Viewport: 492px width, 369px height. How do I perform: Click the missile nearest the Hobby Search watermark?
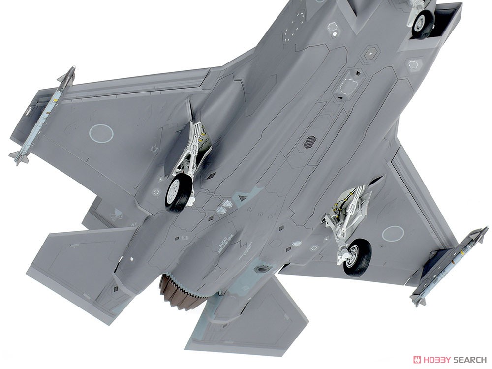click(x=449, y=266)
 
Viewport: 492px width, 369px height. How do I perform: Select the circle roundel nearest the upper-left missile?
click(x=101, y=132)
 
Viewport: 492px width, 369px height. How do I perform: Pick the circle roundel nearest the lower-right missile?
click(x=393, y=233)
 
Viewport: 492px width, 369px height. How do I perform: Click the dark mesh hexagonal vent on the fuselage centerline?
click(x=309, y=142)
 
